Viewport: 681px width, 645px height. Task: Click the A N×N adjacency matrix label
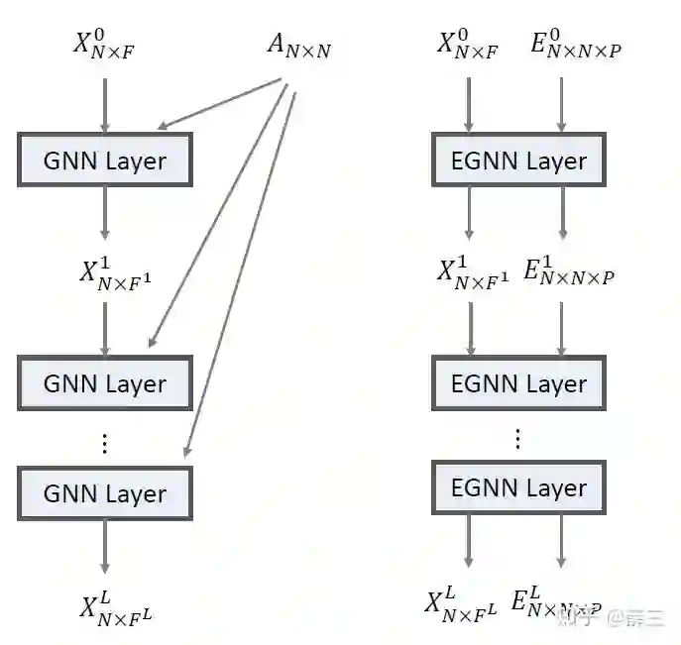tap(297, 47)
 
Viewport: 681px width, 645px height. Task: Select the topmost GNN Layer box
tap(105, 161)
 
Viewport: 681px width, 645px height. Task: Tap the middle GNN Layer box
tap(105, 383)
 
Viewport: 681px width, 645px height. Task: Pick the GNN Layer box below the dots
tap(105, 493)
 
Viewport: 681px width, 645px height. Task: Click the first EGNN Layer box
tap(518, 161)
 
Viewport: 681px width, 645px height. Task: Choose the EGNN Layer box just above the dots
tap(518, 383)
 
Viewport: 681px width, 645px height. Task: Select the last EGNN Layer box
tap(518, 487)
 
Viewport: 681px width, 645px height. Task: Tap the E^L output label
tap(555, 603)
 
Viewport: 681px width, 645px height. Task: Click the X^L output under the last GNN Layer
tap(116, 606)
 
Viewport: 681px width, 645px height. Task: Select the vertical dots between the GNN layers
tap(105, 443)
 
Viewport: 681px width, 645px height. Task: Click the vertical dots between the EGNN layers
tap(517, 439)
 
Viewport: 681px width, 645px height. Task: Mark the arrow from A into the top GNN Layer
tap(223, 105)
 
